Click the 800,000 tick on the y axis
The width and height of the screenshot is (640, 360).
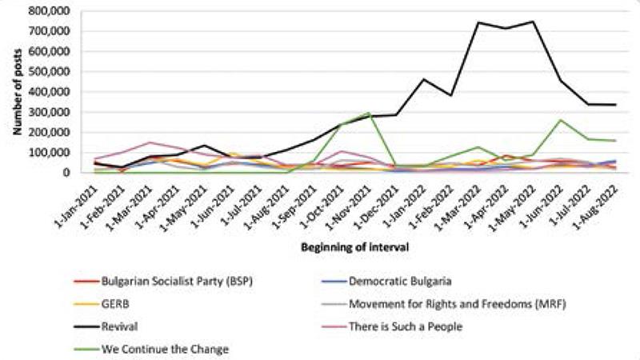(x=50, y=10)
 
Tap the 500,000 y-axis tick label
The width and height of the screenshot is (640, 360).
(x=50, y=71)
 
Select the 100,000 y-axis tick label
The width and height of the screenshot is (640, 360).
(x=50, y=152)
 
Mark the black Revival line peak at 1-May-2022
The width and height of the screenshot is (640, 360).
(x=532, y=22)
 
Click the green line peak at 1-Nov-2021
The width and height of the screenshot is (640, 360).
(x=368, y=113)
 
